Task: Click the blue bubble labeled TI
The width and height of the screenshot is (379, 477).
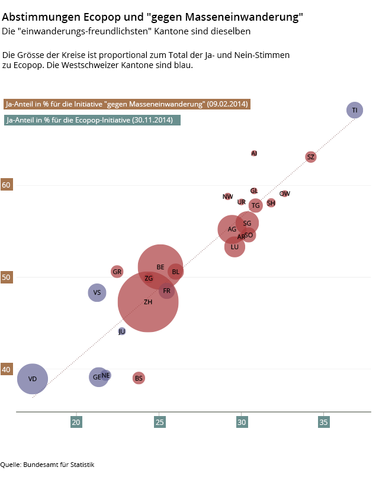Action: pos(354,110)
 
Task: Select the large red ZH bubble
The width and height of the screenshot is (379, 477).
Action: pos(148,302)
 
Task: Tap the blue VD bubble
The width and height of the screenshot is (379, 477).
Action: pos(32,379)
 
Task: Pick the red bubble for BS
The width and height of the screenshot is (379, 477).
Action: pos(139,378)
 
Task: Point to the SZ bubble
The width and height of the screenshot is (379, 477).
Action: pos(311,157)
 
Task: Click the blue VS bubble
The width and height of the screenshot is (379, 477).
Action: pos(97,292)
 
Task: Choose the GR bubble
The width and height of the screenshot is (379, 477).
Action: pos(117,272)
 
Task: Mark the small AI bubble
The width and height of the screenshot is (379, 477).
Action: pos(254,153)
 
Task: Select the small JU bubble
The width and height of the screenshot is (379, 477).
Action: pos(122,331)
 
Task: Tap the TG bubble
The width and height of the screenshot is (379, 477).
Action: pos(255,205)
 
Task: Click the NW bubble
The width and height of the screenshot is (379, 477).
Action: pos(228,196)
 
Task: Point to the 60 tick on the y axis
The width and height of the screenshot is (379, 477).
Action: pos(7,185)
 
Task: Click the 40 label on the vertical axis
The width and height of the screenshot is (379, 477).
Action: pos(7,369)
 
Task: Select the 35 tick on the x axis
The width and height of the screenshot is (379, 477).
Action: pos(323,423)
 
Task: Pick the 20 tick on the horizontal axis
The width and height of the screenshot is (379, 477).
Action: pos(76,423)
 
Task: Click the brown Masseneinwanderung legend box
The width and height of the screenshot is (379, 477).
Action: pos(127,104)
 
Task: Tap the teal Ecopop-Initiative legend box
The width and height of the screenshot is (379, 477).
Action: pos(92,120)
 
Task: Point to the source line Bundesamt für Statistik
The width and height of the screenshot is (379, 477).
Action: pos(59,465)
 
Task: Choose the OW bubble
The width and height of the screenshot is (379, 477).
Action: pos(285,194)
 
